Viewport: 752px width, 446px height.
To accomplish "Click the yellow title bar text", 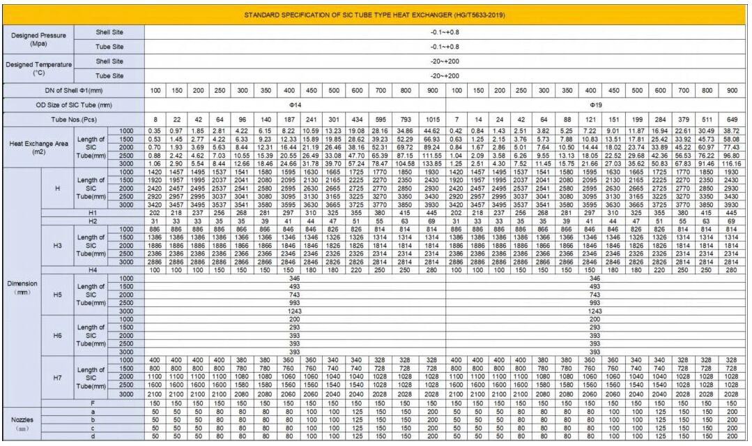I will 374,15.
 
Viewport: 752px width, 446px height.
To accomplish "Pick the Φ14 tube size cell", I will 295,105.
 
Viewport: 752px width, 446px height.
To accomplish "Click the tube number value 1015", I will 433,119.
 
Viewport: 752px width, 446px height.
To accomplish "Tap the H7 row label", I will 58,378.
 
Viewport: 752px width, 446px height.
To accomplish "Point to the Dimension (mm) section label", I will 21,288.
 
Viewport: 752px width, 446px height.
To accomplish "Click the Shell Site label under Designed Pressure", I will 109,32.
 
